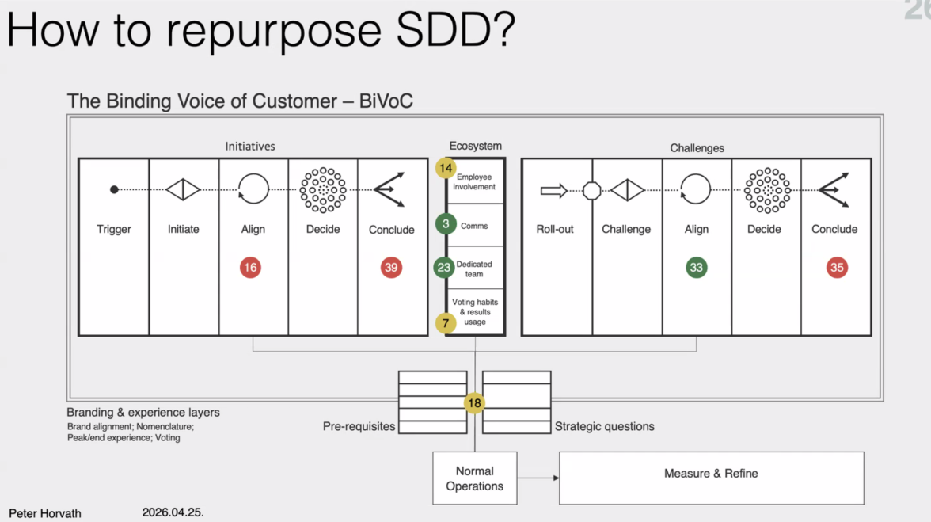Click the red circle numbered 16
tap(250, 268)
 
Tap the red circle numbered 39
tap(391, 268)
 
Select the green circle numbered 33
tap(697, 268)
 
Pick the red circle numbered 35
tap(837, 268)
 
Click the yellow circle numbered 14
tap(446, 169)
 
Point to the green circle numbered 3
tap(446, 224)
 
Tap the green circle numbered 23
tap(444, 268)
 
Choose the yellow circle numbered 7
tap(446, 323)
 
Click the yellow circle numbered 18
tap(474, 403)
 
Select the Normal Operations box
tap(474, 478)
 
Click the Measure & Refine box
tap(711, 478)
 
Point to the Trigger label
tap(114, 230)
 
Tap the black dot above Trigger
tap(114, 189)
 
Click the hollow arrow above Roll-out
tap(553, 190)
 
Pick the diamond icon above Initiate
tap(183, 189)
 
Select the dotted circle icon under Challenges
tap(766, 190)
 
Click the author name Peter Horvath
tap(45, 513)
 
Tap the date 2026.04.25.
tap(173, 512)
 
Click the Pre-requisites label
tap(359, 426)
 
